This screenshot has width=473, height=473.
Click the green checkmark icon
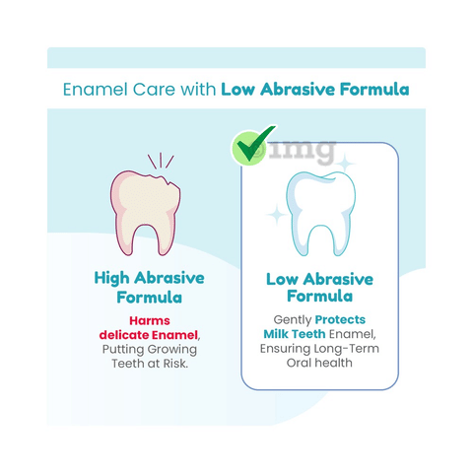coord(253,145)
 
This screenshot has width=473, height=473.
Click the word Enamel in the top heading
coord(96,90)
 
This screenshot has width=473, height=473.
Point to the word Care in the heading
coord(154,90)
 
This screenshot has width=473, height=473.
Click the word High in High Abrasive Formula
coord(111,279)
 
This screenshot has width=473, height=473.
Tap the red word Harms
coord(150,320)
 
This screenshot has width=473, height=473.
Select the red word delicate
coord(124,335)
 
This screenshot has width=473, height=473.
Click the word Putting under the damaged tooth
coord(123,350)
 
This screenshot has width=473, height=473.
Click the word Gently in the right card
coord(293,320)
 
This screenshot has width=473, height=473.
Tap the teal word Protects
coord(340,319)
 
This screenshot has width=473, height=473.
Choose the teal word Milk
coord(275,334)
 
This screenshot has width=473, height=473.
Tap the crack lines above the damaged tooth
coord(161,161)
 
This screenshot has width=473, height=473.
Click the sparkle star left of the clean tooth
coord(277,215)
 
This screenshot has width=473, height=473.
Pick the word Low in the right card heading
coord(283,280)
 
